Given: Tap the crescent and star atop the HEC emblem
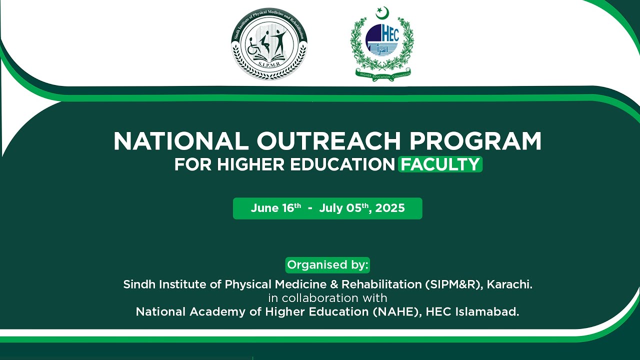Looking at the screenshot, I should pyautogui.click(x=382, y=12).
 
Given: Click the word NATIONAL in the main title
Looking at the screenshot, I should pyautogui.click(x=181, y=141).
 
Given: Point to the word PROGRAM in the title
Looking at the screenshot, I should pyautogui.click(x=475, y=141).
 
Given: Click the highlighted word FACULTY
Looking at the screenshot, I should pyautogui.click(x=440, y=164).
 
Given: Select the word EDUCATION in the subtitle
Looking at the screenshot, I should pyautogui.click(x=339, y=164).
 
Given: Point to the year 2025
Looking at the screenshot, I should pyautogui.click(x=390, y=208).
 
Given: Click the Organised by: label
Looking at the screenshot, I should pyautogui.click(x=327, y=265).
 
